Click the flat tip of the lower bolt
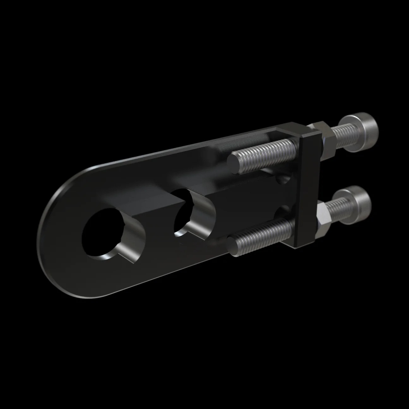click(x=234, y=246)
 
